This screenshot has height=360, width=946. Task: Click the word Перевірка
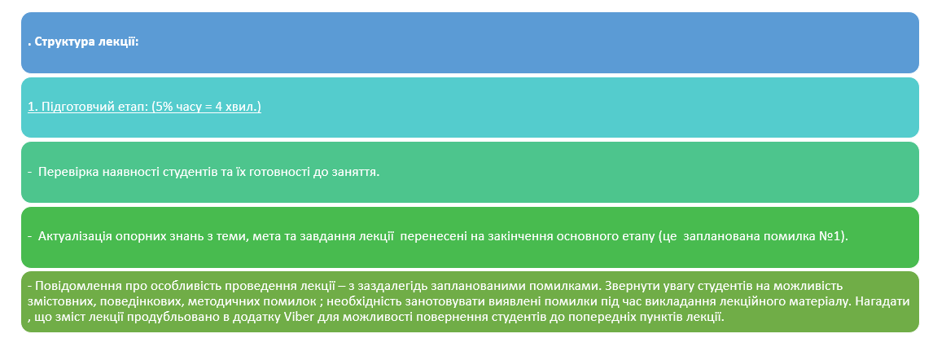(x=68, y=173)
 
